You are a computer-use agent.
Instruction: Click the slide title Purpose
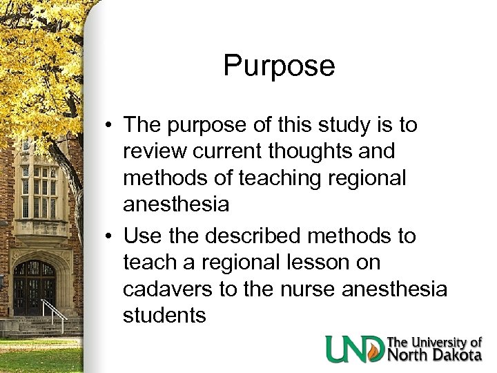click(x=279, y=67)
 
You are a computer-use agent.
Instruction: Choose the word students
click(x=164, y=315)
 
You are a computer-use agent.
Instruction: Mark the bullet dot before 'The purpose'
click(x=110, y=126)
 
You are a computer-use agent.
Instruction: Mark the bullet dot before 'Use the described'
click(x=110, y=237)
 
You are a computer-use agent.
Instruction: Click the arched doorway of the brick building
click(x=35, y=287)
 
